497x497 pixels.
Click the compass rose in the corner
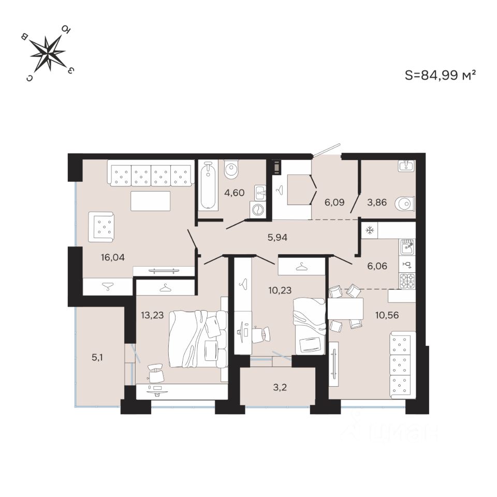pyautogui.click(x=48, y=53)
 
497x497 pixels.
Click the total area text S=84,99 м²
pyautogui.click(x=440, y=76)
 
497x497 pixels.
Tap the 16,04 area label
pyautogui.click(x=113, y=256)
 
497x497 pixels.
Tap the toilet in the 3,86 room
pyautogui.click(x=404, y=204)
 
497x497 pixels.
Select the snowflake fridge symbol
pyautogui.click(x=370, y=230)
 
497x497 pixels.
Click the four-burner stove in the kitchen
pyautogui.click(x=407, y=280)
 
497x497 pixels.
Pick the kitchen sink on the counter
pyautogui.click(x=407, y=247)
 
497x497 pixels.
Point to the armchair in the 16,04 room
pyautogui.click(x=105, y=226)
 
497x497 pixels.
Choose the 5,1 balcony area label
pyautogui.click(x=97, y=357)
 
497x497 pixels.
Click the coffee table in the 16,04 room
pyautogui.click(x=150, y=201)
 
